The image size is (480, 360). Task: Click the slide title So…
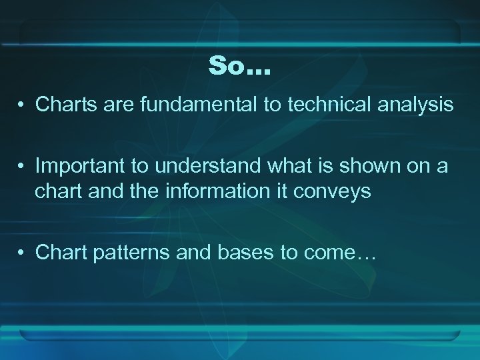tap(239, 65)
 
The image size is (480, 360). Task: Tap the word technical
tap(323, 104)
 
